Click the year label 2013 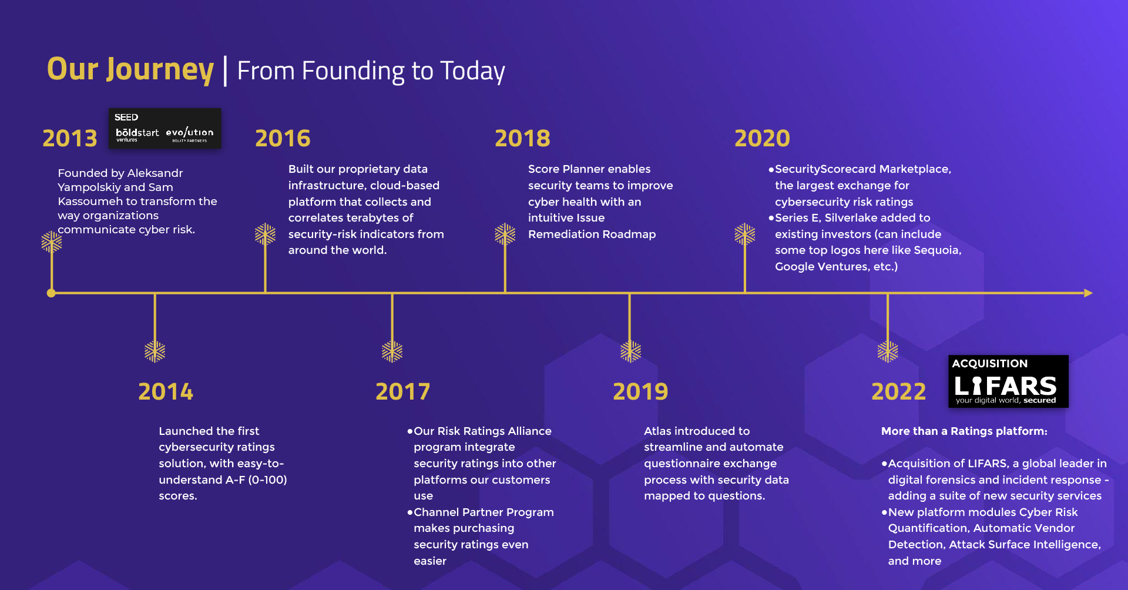(x=70, y=138)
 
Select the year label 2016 (x=283, y=138)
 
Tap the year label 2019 (x=640, y=391)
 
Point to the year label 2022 (x=899, y=391)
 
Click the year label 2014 (x=166, y=391)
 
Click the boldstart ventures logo (x=137, y=135)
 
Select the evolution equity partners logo (x=190, y=135)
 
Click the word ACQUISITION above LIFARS (x=990, y=364)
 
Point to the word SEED (x=126, y=118)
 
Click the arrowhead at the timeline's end (x=1088, y=293)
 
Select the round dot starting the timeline (x=51, y=293)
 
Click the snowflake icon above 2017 (x=392, y=351)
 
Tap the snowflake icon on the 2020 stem (x=745, y=234)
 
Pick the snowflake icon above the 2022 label (x=888, y=351)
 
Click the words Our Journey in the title (x=130, y=69)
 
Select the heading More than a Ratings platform (x=964, y=431)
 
